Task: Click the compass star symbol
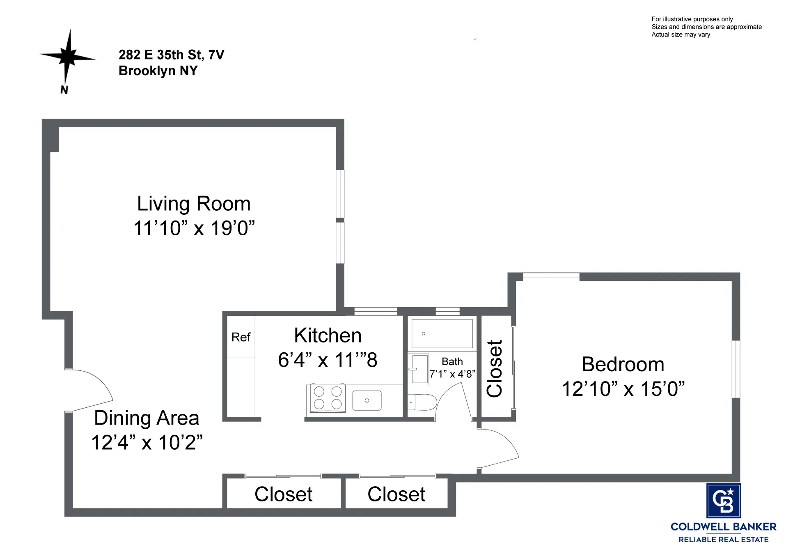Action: (68, 56)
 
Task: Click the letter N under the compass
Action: (64, 90)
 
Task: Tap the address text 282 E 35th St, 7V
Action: (171, 55)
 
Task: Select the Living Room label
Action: (194, 204)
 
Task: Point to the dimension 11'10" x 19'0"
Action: (194, 228)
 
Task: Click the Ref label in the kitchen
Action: (241, 337)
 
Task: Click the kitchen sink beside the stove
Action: (367, 400)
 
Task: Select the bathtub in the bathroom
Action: (442, 334)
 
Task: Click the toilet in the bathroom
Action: (422, 402)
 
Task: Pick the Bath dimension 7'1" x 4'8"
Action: (452, 374)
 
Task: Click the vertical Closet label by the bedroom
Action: (495, 368)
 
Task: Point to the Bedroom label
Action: (623, 364)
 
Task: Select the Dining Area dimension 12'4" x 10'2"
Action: (147, 443)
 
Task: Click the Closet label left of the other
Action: (283, 494)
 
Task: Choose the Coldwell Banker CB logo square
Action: (723, 501)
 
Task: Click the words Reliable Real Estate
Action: (723, 540)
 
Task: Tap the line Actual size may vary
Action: (681, 34)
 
